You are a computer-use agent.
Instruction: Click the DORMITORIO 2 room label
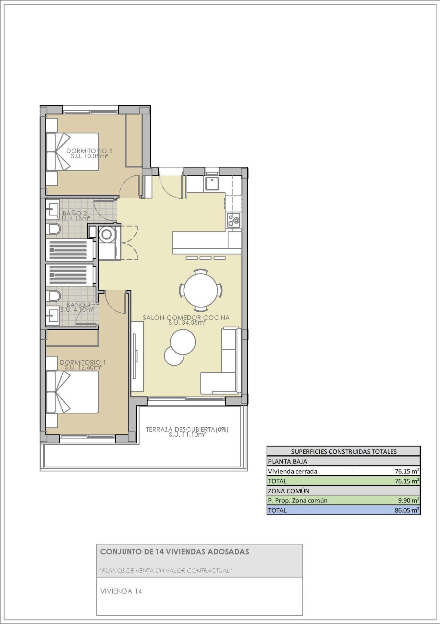tap(89, 151)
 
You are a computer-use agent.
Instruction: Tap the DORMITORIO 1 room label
tap(83, 362)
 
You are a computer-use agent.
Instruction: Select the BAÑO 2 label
tap(75, 213)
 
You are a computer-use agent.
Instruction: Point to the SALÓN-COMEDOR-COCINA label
tap(186, 318)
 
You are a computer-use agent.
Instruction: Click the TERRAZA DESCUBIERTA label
tap(187, 429)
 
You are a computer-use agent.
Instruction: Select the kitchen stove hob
tap(233, 220)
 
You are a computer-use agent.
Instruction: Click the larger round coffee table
tap(183, 342)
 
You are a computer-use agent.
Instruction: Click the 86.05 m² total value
tap(407, 510)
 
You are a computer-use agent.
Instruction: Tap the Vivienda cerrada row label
tap(293, 471)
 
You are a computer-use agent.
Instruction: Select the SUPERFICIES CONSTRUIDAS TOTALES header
tap(344, 451)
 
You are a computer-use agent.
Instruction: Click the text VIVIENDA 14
tap(121, 591)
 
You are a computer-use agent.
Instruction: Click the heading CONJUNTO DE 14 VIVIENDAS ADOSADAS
tap(175, 552)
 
